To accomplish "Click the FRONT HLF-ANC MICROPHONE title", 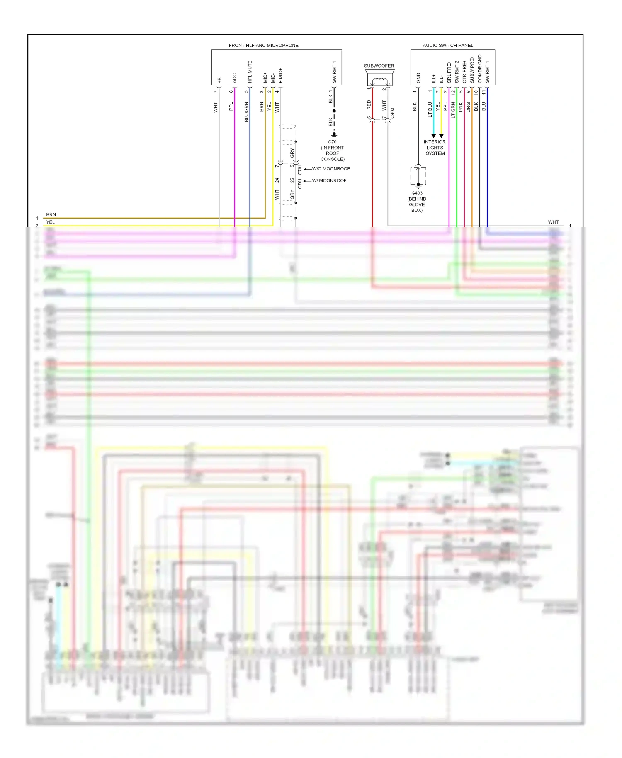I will point(263,45).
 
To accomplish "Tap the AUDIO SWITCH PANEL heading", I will point(448,45).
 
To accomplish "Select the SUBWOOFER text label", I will point(379,66).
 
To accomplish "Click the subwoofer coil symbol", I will point(379,80).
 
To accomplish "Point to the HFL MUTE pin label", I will point(250,71).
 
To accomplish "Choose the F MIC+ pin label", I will point(281,75).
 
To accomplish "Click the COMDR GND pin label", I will point(480,68).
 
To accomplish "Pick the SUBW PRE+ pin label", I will point(472,69).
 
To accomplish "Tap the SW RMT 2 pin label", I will point(457,71).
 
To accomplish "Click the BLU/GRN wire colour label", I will point(246,112).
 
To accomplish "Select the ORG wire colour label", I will point(469,107).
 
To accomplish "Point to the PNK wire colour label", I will point(461,107).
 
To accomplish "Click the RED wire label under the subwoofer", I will point(369,105).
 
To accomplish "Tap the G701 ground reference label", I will point(333,142).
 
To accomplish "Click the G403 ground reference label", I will point(417,193).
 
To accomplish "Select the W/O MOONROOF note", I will point(330,169).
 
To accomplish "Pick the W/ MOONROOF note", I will point(329,180).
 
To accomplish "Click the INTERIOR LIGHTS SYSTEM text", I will point(435,148).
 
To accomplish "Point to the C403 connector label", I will point(392,113).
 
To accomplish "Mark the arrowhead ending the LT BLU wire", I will point(433,136).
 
